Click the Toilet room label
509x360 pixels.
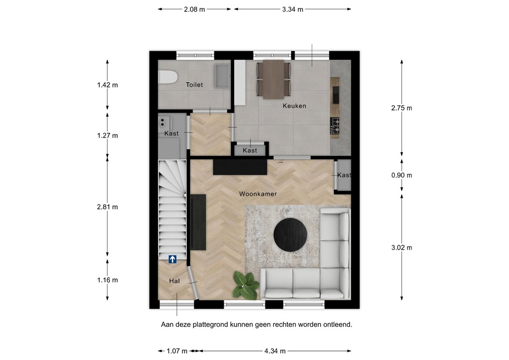tap(194, 85)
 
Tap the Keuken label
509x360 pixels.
tap(294, 106)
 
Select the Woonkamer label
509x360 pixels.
tap(258, 194)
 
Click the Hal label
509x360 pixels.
tap(174, 281)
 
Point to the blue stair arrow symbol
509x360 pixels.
tap(172, 259)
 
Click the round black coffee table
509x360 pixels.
tap(290, 235)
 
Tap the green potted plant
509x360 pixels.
tap(246, 285)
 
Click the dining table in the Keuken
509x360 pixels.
tap(273, 79)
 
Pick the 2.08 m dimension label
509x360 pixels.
tap(194, 9)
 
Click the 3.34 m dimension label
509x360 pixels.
tap(292, 9)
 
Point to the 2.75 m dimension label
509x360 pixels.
tap(402, 108)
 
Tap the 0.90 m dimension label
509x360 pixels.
tap(402, 176)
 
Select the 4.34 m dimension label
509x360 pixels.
tap(275, 351)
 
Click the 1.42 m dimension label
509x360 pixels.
tap(107, 85)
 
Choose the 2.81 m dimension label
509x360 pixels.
tap(107, 207)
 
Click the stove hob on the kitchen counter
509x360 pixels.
tap(335, 126)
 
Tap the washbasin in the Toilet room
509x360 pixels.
tap(222, 76)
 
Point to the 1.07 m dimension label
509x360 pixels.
tap(177, 351)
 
